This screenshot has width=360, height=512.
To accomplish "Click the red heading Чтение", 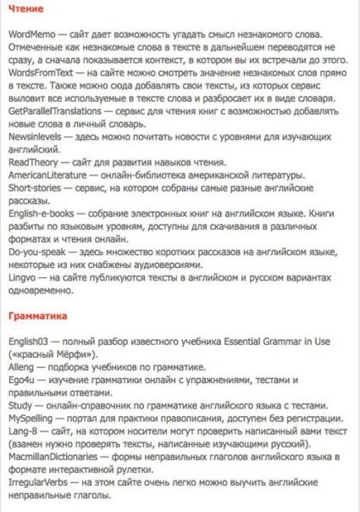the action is (x=26, y=10).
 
